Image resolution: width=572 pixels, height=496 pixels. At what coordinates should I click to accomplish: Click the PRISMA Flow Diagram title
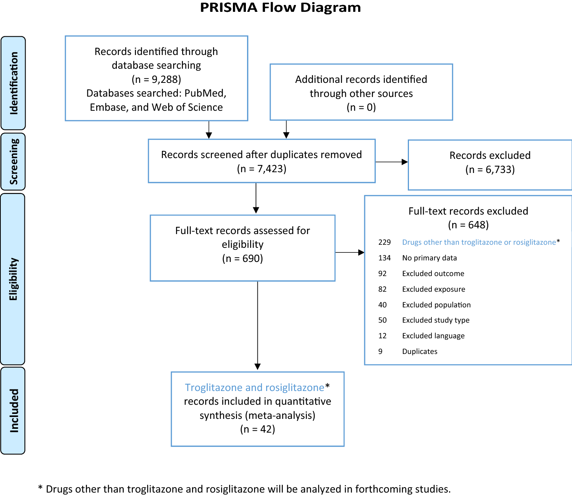280,8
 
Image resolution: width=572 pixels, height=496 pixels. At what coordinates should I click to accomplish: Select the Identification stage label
14,83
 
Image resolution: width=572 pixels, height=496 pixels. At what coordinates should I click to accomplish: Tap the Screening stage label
14,162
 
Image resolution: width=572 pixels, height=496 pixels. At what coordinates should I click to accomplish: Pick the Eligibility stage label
13,279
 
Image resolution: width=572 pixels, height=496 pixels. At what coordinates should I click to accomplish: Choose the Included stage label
14,411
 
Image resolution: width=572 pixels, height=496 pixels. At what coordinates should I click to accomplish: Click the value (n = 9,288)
156,79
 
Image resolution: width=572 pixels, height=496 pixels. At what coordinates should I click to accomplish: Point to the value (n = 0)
361,107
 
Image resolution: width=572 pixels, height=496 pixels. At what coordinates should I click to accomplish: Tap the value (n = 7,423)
262,169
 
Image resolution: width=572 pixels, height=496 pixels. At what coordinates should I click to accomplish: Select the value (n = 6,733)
490,170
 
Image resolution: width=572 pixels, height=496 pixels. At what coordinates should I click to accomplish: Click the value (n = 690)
242,259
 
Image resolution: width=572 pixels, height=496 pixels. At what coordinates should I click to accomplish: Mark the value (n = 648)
468,225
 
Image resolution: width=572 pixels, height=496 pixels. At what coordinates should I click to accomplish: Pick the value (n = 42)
257,429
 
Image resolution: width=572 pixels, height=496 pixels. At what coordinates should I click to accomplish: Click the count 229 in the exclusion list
385,242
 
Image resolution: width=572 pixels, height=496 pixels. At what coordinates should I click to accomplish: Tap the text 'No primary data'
429,258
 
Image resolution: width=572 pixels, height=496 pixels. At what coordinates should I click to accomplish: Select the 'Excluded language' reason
433,336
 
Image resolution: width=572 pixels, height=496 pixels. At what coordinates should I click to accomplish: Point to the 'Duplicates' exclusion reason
420,352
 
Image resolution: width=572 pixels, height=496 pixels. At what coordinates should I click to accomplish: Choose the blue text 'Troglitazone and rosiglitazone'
254,388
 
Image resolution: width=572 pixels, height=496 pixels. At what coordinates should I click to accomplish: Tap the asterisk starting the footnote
40,488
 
